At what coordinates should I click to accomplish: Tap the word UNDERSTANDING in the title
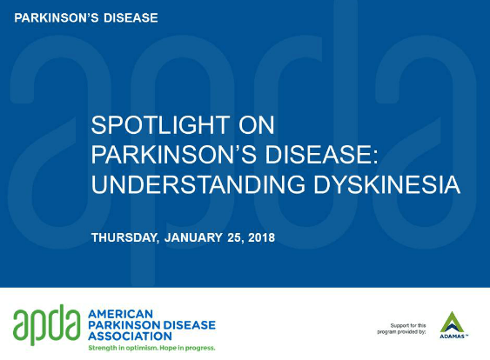[198, 184]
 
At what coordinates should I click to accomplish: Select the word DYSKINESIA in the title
[386, 184]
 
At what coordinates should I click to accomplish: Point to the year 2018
[262, 237]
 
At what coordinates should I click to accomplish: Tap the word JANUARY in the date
[193, 237]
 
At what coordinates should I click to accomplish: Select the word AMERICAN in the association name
[121, 314]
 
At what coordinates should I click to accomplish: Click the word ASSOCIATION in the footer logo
[130, 337]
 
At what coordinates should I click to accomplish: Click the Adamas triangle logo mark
[452, 322]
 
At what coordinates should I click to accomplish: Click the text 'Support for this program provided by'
[401, 329]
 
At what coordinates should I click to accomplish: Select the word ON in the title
[257, 125]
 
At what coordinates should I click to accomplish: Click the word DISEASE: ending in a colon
[321, 155]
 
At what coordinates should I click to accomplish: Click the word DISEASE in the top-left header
[131, 17]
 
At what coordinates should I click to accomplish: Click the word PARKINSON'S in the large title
[174, 155]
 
